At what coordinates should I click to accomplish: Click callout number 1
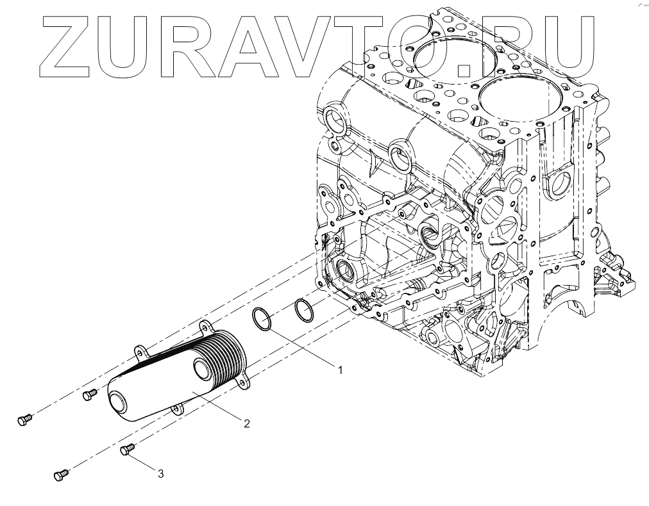(341, 370)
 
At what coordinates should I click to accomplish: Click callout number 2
(246, 423)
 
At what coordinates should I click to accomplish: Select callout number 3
(160, 473)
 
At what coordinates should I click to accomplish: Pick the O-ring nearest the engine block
(304, 311)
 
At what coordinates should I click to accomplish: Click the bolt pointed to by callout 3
(126, 450)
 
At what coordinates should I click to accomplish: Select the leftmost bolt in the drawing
(23, 420)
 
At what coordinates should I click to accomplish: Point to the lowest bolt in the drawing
(61, 475)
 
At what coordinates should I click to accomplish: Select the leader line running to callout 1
(301, 348)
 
